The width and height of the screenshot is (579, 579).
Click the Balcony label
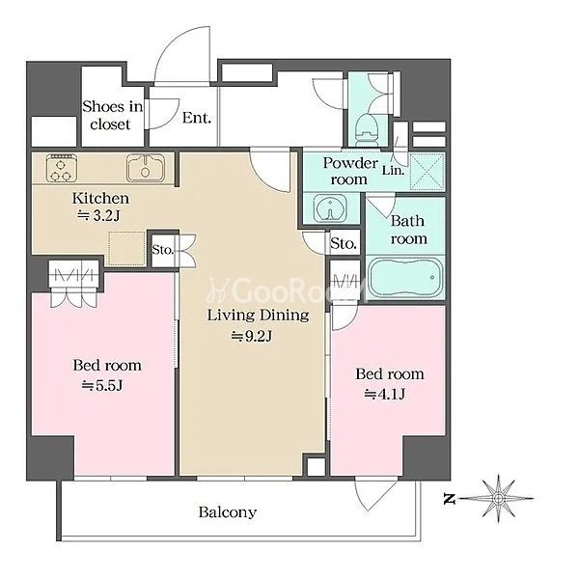(228, 512)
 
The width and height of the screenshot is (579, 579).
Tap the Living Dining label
(258, 315)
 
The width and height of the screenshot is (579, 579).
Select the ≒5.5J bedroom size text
(102, 385)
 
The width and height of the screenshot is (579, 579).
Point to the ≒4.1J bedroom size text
(385, 395)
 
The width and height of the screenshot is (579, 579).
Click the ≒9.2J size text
(252, 336)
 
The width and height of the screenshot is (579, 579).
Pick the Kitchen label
(100, 198)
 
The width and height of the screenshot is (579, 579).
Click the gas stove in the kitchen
(62, 168)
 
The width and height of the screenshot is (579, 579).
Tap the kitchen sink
(146, 168)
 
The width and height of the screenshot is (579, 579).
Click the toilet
(367, 130)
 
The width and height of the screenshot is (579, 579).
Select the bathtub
(406, 277)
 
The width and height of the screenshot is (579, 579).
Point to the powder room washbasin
(330, 208)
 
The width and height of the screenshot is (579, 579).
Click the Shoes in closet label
(112, 115)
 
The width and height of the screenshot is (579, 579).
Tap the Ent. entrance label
(197, 118)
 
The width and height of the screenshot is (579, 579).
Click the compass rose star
(499, 499)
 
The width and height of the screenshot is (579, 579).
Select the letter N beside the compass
(449, 500)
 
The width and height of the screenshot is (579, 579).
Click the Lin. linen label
(393, 171)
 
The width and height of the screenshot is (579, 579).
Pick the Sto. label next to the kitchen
(162, 250)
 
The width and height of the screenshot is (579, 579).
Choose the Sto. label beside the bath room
(344, 243)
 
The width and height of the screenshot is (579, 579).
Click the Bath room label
(407, 230)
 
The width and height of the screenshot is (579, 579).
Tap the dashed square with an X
(427, 172)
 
